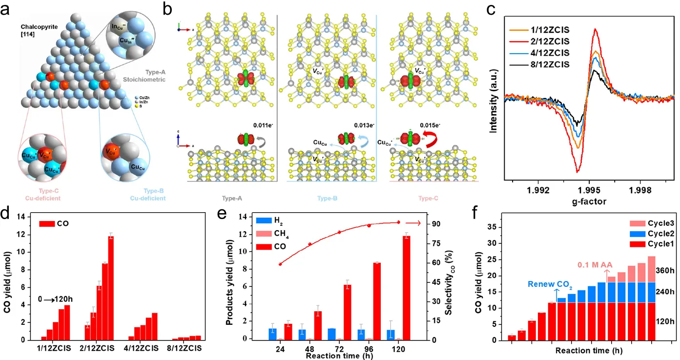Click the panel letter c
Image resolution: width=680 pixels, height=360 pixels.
[492, 9]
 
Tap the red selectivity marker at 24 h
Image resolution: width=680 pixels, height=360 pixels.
[280, 264]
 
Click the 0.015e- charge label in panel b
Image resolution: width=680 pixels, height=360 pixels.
[428, 125]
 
